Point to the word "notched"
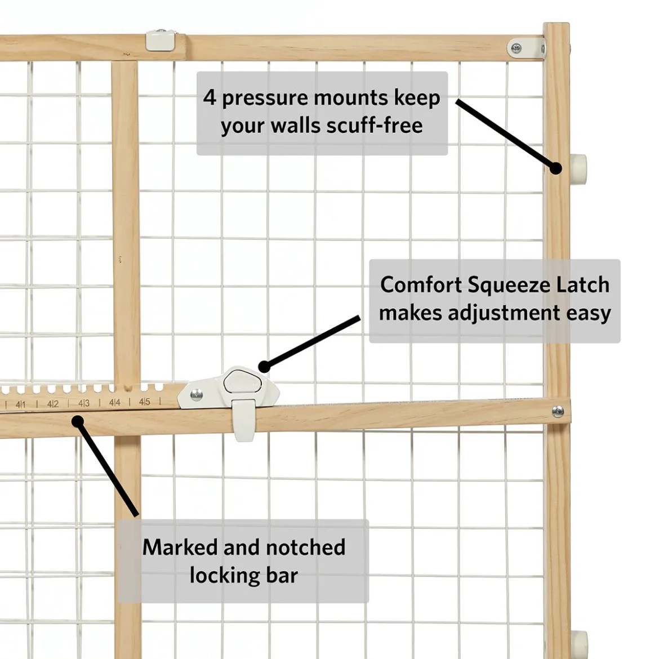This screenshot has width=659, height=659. [x=305, y=547]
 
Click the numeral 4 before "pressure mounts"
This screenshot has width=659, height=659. [x=210, y=97]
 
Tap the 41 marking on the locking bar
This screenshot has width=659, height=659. [x=21, y=405]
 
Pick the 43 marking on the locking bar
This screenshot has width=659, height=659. [x=83, y=403]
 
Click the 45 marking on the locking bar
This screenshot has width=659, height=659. [x=145, y=402]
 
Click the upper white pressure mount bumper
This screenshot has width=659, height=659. [x=578, y=168]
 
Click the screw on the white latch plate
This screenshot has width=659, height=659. [x=196, y=394]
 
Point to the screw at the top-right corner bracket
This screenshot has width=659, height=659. [x=516, y=48]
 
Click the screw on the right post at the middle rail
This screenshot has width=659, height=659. [x=558, y=412]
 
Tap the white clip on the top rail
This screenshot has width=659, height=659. [x=161, y=40]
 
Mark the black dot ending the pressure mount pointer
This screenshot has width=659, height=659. [x=555, y=168]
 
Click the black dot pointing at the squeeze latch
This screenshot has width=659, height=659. [x=264, y=367]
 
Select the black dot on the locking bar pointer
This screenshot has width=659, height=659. [x=77, y=421]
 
